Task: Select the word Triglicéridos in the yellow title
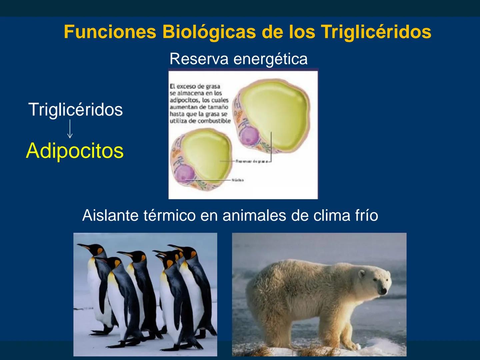point(376,32)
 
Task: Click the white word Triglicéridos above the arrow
point(76,109)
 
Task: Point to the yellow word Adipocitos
point(75,151)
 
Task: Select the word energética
point(270,59)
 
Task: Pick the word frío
point(366,215)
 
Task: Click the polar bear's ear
point(362,274)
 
